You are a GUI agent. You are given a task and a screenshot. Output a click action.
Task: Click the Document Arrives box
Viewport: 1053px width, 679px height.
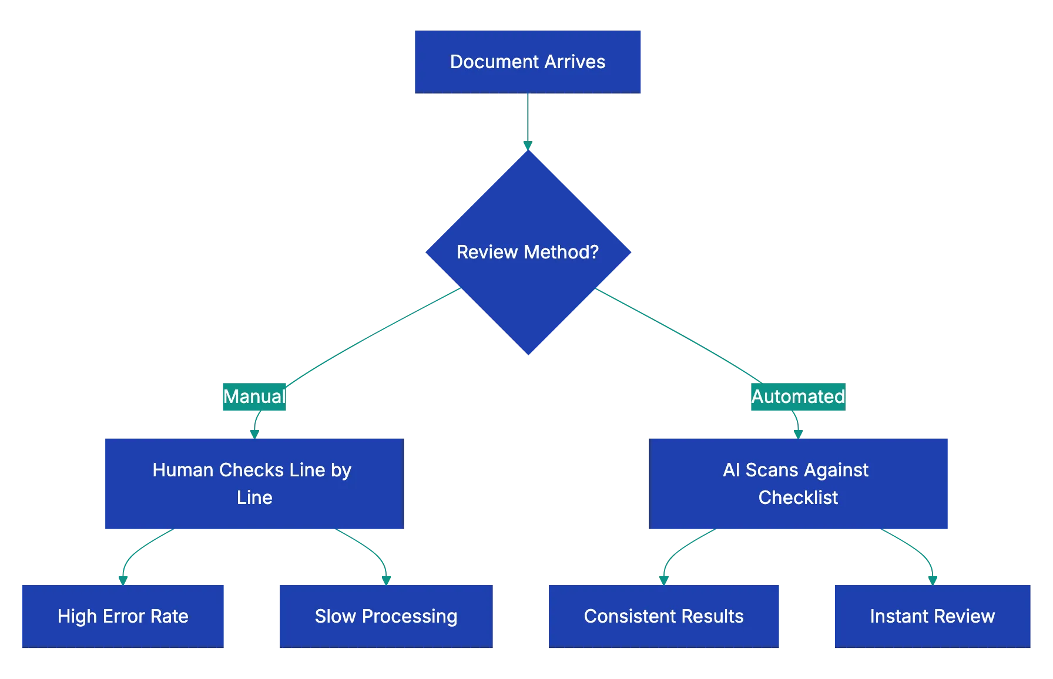tap(528, 62)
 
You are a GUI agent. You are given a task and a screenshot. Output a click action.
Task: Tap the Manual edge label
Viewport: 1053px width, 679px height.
tap(254, 396)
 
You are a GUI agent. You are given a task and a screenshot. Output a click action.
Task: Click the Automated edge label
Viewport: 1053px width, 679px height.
tap(797, 396)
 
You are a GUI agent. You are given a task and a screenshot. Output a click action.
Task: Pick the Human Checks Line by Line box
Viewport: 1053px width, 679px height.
tap(254, 483)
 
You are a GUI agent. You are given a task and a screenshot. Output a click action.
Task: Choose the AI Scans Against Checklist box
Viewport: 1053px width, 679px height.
tap(798, 483)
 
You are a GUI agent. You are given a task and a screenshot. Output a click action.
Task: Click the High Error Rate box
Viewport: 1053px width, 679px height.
tap(123, 616)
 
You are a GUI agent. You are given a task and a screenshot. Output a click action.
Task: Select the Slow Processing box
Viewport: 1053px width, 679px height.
tap(385, 616)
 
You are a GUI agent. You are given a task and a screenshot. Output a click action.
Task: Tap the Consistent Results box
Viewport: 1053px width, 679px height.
tap(663, 616)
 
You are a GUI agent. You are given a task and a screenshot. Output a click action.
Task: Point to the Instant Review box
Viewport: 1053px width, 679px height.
tap(932, 616)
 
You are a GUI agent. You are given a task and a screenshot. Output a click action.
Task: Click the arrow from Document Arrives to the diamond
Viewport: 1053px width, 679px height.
tap(528, 120)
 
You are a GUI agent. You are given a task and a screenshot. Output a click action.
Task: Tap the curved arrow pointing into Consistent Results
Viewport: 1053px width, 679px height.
tap(676, 549)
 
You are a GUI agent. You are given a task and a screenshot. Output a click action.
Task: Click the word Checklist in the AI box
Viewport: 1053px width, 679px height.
tap(798, 498)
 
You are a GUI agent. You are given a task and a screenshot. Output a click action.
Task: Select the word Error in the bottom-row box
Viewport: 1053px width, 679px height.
tap(125, 616)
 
